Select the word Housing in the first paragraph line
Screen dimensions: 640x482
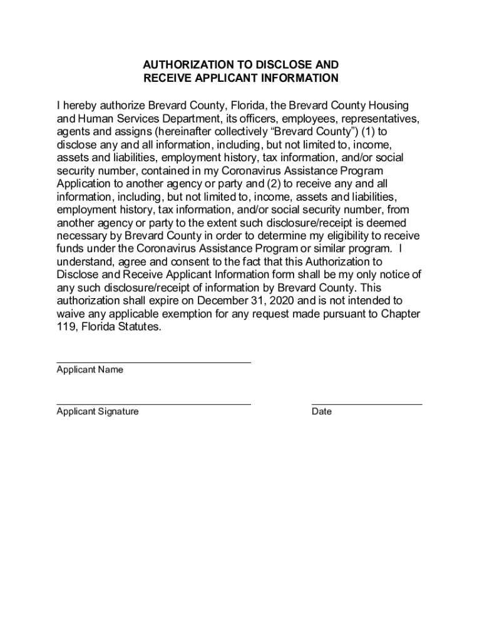click(390, 105)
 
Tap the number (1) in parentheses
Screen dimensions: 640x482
click(363, 132)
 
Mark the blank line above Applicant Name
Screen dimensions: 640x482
click(153, 362)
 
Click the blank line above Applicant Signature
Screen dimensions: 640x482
click(153, 404)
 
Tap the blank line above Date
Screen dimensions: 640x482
click(366, 404)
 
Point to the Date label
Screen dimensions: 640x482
click(322, 412)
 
